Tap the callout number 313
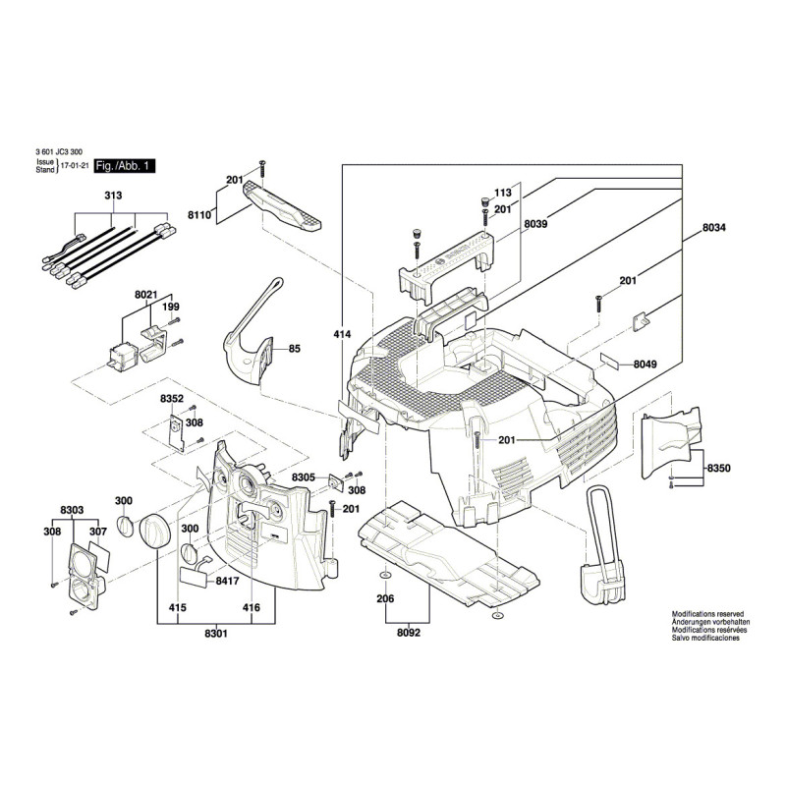click(114, 196)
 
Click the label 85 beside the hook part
click(294, 348)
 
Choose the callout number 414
click(342, 335)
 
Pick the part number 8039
click(535, 224)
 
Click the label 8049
click(645, 364)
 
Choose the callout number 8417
click(227, 581)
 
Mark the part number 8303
click(72, 509)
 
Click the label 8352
click(172, 400)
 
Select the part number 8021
click(146, 293)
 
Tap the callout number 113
click(503, 194)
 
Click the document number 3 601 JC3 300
click(58, 152)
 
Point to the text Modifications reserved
click(707, 612)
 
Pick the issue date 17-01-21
click(74, 168)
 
